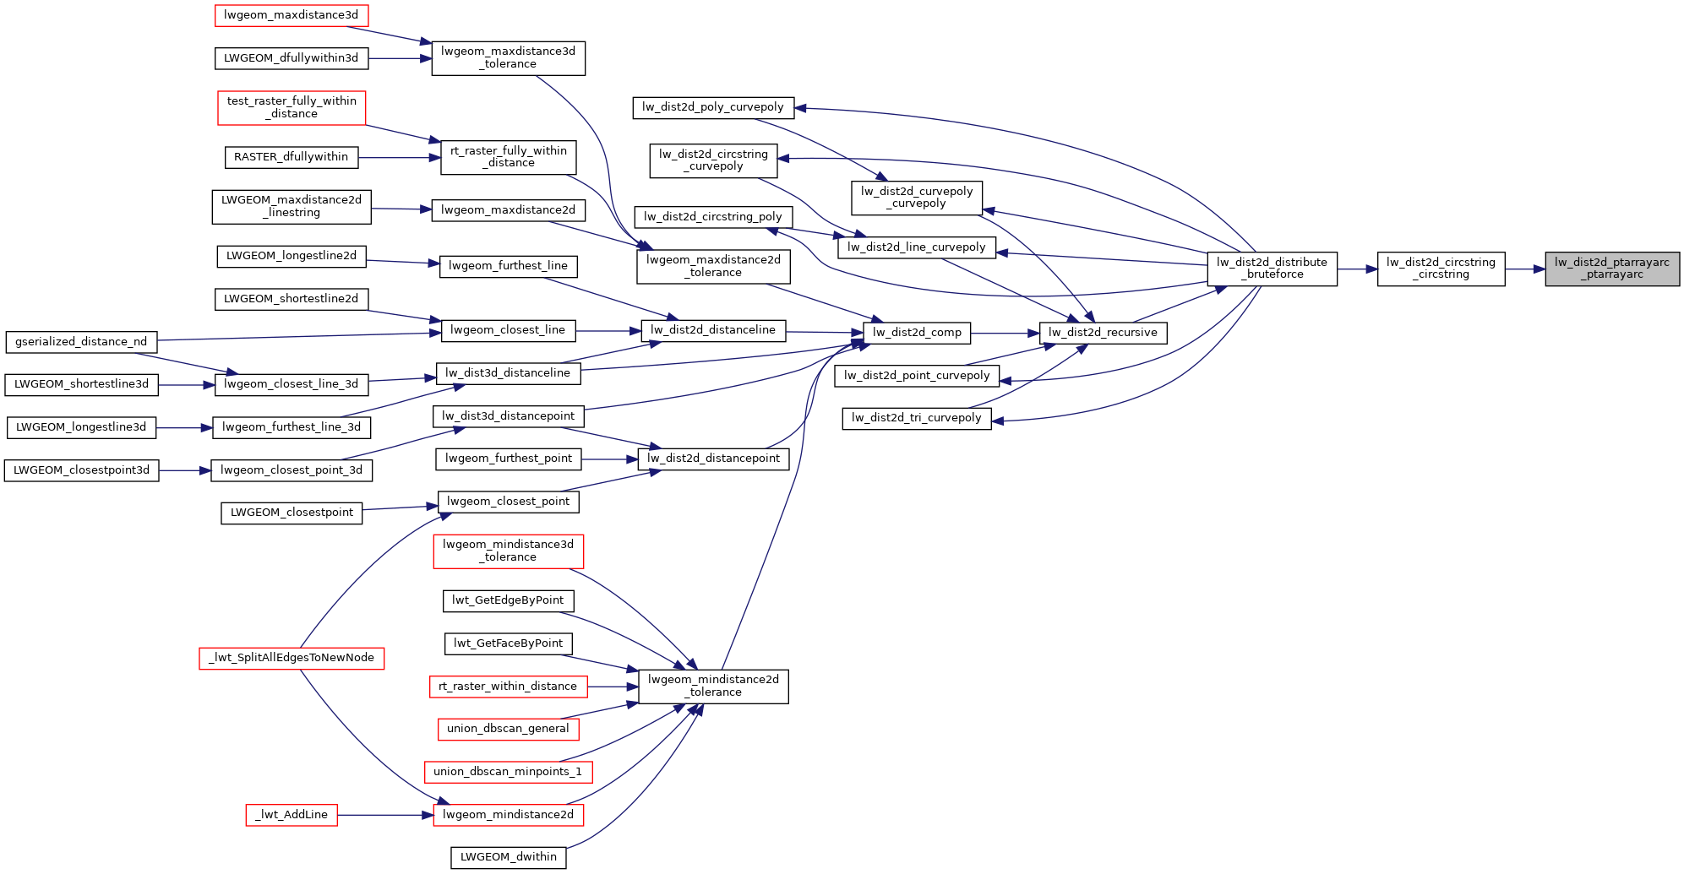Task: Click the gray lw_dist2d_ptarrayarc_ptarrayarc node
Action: (1611, 269)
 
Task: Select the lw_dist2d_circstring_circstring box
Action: (1441, 269)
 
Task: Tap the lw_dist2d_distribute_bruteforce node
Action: (1272, 269)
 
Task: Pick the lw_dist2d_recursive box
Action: (1103, 333)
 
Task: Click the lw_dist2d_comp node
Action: (917, 333)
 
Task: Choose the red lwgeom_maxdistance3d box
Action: (291, 15)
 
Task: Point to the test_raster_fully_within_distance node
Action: (292, 108)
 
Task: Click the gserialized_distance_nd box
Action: (81, 342)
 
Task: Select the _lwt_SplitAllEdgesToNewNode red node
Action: (292, 658)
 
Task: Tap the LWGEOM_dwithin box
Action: (508, 857)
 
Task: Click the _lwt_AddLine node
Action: (292, 815)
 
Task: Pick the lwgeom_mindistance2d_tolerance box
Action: (713, 686)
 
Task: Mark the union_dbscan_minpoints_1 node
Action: (508, 772)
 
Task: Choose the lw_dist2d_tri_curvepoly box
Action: (917, 418)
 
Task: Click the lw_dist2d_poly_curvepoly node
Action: (713, 107)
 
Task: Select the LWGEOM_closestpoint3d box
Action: (81, 470)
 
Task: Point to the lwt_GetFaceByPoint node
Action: (508, 643)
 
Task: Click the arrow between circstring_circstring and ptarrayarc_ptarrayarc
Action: (1525, 269)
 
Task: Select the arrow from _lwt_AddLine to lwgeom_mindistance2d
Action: (385, 815)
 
